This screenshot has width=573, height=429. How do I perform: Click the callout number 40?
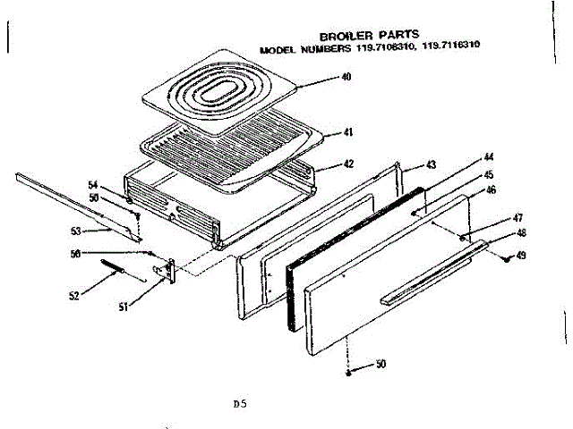pos(346,77)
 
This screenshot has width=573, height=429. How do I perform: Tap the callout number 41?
pos(348,132)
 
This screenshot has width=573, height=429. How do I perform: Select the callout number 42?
pos(348,164)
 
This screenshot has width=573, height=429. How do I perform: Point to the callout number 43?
pos(431,164)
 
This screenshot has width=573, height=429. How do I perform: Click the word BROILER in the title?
pos(339,36)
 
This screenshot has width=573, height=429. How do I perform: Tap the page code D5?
pos(239,404)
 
